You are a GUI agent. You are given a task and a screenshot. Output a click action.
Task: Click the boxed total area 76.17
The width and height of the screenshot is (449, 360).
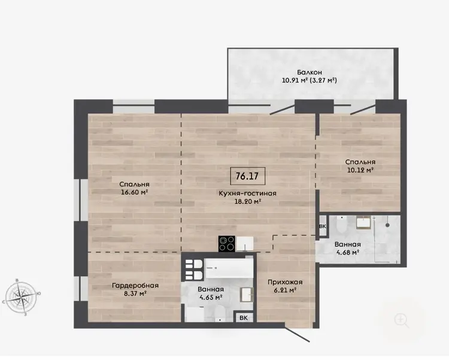248,176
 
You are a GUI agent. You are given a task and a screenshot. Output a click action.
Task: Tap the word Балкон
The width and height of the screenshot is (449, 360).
310,72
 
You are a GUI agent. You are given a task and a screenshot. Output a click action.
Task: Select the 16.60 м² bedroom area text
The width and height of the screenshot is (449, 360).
134,192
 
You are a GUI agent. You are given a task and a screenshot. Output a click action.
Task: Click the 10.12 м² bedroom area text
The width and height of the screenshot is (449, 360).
360,170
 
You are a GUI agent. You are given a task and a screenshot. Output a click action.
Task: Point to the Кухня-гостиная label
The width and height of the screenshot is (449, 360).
247,193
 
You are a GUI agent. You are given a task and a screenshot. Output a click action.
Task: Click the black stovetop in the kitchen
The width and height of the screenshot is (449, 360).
227,244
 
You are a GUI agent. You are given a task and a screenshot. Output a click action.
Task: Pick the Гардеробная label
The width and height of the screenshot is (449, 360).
135,286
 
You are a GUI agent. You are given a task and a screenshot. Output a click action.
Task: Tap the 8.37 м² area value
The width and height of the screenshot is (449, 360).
135,294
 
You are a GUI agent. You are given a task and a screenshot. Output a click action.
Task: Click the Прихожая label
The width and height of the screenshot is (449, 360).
285,282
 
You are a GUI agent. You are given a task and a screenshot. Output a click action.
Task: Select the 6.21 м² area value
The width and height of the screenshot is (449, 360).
285,290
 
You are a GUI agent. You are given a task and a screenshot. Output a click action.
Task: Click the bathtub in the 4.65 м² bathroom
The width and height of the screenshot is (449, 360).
229,268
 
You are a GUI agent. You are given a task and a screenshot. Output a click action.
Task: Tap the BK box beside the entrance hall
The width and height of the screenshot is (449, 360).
244,317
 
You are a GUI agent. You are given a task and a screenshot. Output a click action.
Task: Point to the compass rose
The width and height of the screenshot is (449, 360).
22,297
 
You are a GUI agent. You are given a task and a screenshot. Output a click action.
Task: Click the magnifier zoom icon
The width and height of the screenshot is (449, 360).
402,320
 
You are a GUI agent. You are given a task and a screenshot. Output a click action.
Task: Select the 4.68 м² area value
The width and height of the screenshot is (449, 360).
348,253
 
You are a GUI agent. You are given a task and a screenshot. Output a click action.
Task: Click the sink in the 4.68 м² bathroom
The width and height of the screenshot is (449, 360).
363,222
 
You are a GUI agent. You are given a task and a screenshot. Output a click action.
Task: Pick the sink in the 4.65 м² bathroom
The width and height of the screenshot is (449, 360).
247,295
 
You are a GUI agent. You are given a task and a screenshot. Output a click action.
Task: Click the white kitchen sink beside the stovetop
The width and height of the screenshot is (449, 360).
244,244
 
